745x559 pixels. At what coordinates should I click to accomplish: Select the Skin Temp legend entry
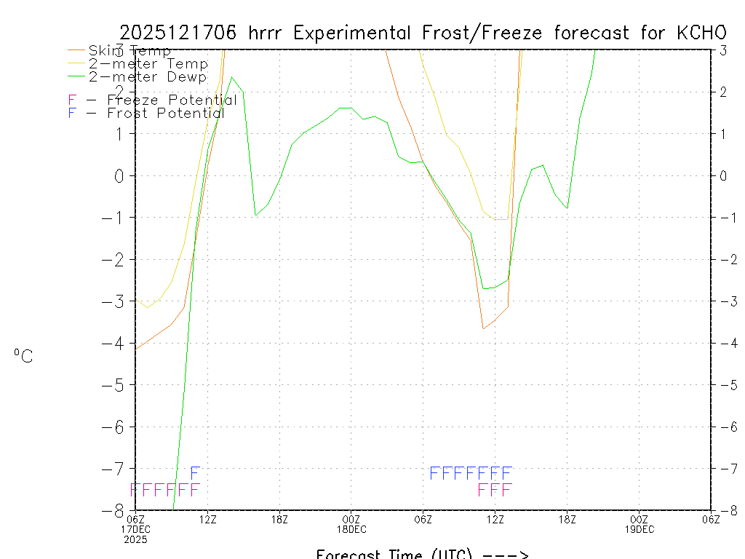click(130, 51)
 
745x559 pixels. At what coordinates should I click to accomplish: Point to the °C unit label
click(23, 356)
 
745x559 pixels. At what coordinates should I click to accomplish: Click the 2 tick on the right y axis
click(722, 92)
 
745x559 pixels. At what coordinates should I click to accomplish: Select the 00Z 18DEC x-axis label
click(351, 523)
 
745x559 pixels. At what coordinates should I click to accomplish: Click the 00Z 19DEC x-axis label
click(639, 523)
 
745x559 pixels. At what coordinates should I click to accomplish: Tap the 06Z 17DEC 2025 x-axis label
click(136, 528)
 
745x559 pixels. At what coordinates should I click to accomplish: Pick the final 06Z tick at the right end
click(710, 518)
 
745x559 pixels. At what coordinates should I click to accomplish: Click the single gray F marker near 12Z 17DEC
click(195, 473)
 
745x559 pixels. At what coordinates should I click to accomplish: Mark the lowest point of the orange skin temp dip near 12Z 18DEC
click(483, 329)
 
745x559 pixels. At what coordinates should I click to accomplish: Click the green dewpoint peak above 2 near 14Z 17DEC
click(231, 77)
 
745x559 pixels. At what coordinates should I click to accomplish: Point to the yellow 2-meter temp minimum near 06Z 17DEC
click(148, 308)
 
